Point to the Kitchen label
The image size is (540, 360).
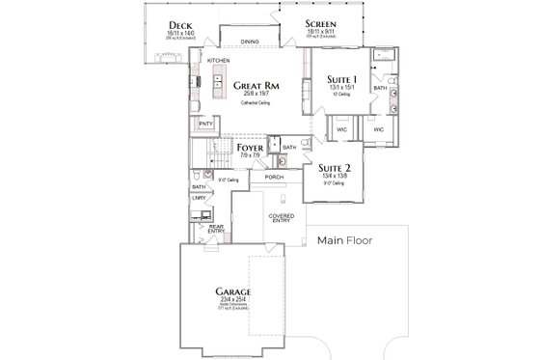219,62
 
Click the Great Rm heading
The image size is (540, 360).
257,85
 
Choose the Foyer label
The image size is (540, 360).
250,148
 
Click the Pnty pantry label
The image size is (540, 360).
205,125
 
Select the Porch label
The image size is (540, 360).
273,178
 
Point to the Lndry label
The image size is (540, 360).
199,199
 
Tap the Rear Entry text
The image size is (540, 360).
215,229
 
